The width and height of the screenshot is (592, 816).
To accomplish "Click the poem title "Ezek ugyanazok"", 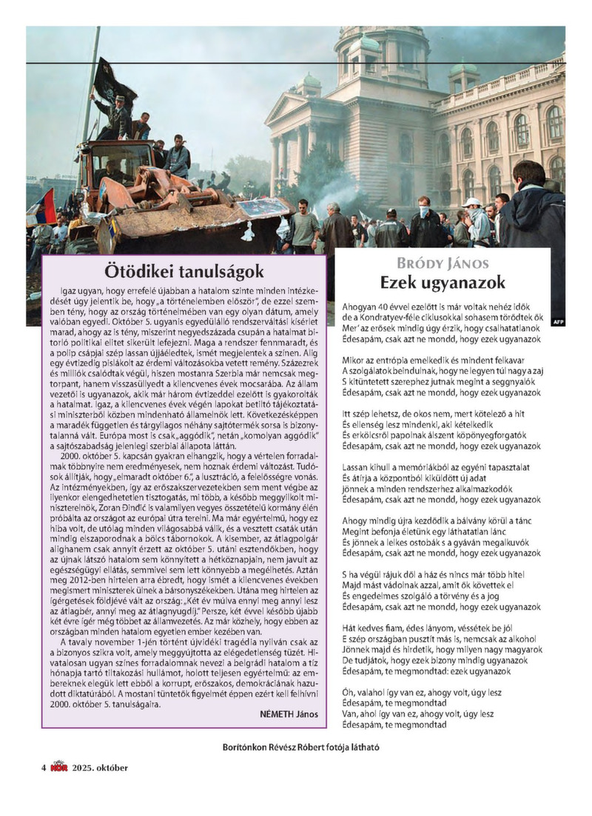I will click(x=443, y=282).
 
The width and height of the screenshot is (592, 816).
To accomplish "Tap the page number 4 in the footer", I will click(x=44, y=767).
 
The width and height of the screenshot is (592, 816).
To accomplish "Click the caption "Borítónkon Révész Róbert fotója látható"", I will click(x=300, y=747).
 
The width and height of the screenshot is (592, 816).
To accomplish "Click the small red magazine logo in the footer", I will click(x=58, y=766).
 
